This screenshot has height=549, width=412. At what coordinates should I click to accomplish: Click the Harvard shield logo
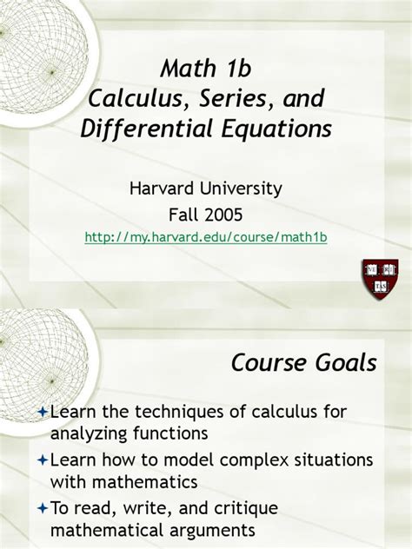(x=379, y=277)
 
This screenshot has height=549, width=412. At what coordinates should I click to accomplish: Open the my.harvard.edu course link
(x=205, y=236)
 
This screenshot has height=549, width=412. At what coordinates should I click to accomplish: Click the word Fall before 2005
(x=183, y=213)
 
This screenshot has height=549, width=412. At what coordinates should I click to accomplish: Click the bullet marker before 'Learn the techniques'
(x=42, y=409)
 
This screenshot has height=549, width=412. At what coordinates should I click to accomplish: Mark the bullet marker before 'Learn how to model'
(x=42, y=458)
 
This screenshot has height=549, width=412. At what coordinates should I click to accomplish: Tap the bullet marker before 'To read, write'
(x=42, y=506)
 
